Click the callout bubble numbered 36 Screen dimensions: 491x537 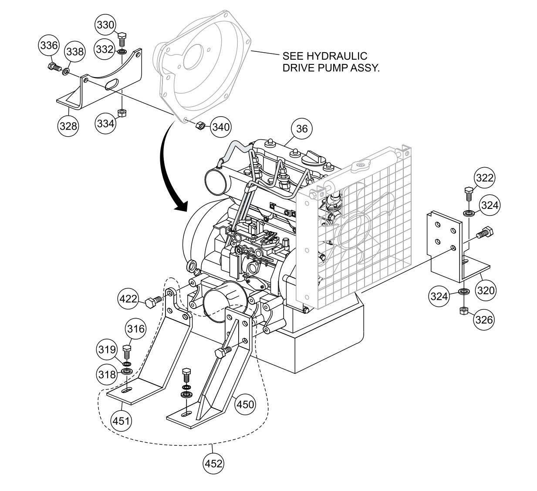[301, 128]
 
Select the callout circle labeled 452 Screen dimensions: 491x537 [213, 463]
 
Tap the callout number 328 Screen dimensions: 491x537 [68, 126]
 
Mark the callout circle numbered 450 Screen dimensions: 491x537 [245, 404]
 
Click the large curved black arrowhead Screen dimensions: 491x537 [180, 205]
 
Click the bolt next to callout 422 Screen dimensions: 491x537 [153, 301]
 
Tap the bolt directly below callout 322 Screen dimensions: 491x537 [469, 192]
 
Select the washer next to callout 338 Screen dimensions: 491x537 [67, 71]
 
